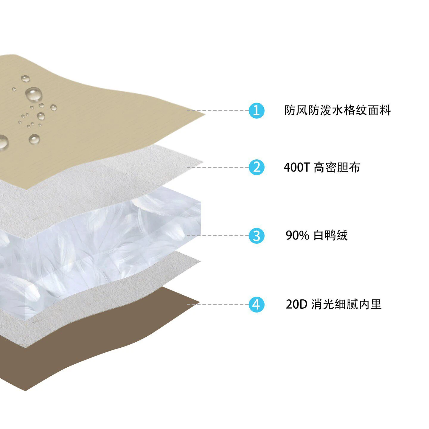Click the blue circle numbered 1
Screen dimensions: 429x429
pyautogui.click(x=257, y=111)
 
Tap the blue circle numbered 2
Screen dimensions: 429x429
pyautogui.click(x=257, y=167)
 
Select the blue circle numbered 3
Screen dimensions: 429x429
pyautogui.click(x=257, y=236)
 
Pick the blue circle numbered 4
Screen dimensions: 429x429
pyautogui.click(x=257, y=304)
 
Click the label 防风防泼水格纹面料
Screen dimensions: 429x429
pyautogui.click(x=338, y=111)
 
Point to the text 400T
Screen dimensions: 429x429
pyautogui.click(x=297, y=167)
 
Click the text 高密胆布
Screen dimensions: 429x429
pyautogui.click(x=337, y=167)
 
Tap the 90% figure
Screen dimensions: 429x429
pyautogui.click(x=297, y=235)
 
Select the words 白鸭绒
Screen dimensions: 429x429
pyautogui.click(x=331, y=235)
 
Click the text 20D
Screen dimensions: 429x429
pyautogui.click(x=296, y=304)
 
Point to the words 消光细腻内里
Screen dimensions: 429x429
pyautogui.click(x=346, y=304)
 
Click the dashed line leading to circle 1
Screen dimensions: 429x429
pyautogui.click(x=218, y=111)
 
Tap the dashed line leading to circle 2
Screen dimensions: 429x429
pyautogui.click(x=218, y=167)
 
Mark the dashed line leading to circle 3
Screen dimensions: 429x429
pyautogui.click(x=218, y=236)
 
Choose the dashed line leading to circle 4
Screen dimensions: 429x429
pyautogui.click(x=218, y=304)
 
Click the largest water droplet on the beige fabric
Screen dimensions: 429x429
pyautogui.click(x=34, y=94)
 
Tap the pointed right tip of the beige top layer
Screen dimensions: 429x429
pyautogui.click(x=205, y=115)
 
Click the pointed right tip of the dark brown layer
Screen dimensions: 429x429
pyautogui.click(x=200, y=302)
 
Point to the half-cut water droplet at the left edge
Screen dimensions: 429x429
pyautogui.click(x=4, y=142)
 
